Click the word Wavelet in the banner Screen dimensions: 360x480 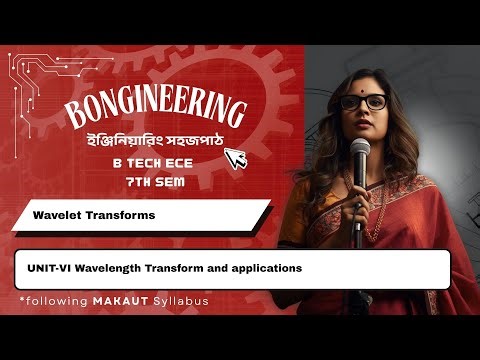point(55,215)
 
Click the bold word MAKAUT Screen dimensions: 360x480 point(108,300)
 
